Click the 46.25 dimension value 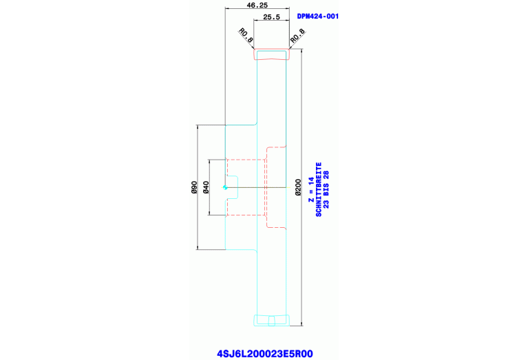(x=257, y=5)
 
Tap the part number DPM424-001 (x=317, y=16)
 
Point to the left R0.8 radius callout (x=246, y=34)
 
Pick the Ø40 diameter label (x=206, y=187)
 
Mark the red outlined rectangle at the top (x=273, y=54)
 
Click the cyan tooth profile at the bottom (x=273, y=319)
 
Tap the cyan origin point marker (x=224, y=187)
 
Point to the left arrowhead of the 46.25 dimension (x=228, y=9)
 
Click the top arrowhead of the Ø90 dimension (x=198, y=127)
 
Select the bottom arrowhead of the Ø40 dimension (x=210, y=213)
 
